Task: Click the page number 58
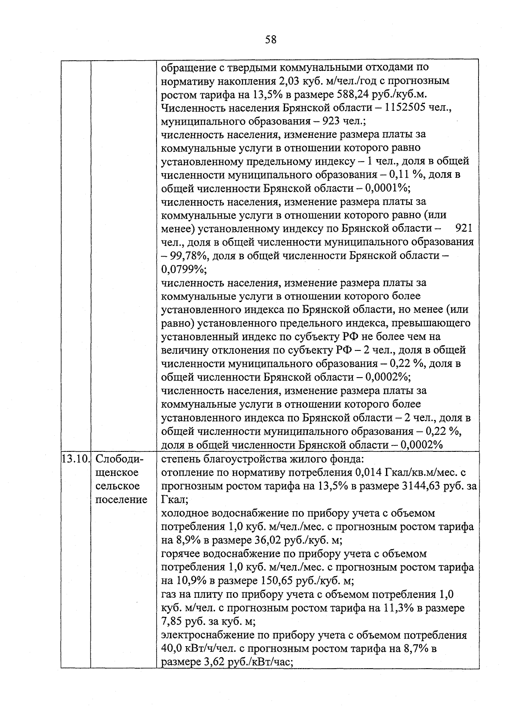pos(271,40)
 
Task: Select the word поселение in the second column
pos(121,499)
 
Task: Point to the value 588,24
pos(352,94)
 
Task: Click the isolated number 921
pos(463,229)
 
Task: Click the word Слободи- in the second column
pos(120,459)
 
